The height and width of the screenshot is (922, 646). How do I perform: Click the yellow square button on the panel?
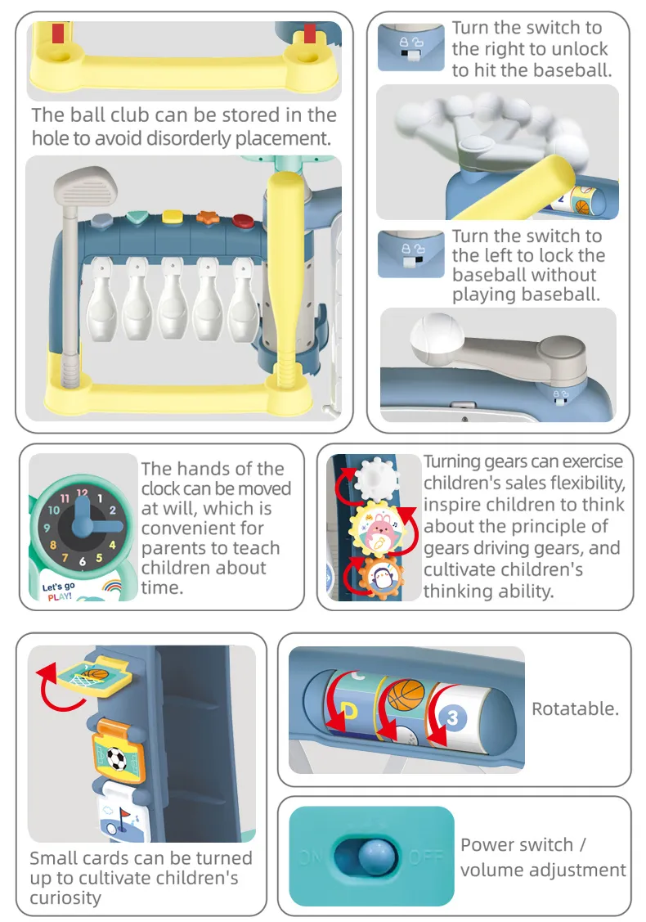coord(173,217)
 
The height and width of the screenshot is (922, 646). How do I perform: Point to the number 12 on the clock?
coord(82,492)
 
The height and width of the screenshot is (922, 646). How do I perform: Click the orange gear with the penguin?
coord(380,578)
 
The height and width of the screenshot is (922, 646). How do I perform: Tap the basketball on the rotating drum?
coord(405,695)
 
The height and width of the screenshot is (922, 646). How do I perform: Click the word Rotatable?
coord(576,708)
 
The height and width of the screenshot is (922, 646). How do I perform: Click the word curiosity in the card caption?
coord(65,897)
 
